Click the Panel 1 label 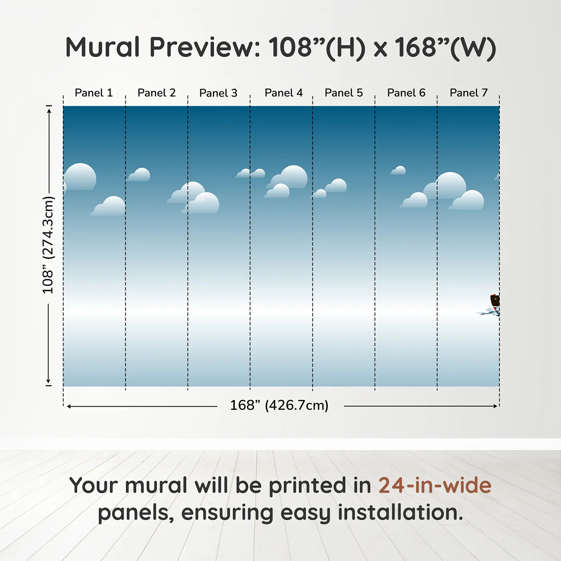pos(93,93)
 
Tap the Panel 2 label pos(157,93)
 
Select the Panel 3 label pos(218,93)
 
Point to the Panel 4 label pos(284,93)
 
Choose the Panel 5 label pos(344,93)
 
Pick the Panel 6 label pos(406,93)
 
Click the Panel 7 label pos(468,93)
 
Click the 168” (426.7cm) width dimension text pos(279,405)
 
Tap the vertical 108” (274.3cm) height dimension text pos(48,245)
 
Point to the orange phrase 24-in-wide pos(435,485)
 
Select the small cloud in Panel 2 pos(139,175)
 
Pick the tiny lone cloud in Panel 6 pos(398,171)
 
